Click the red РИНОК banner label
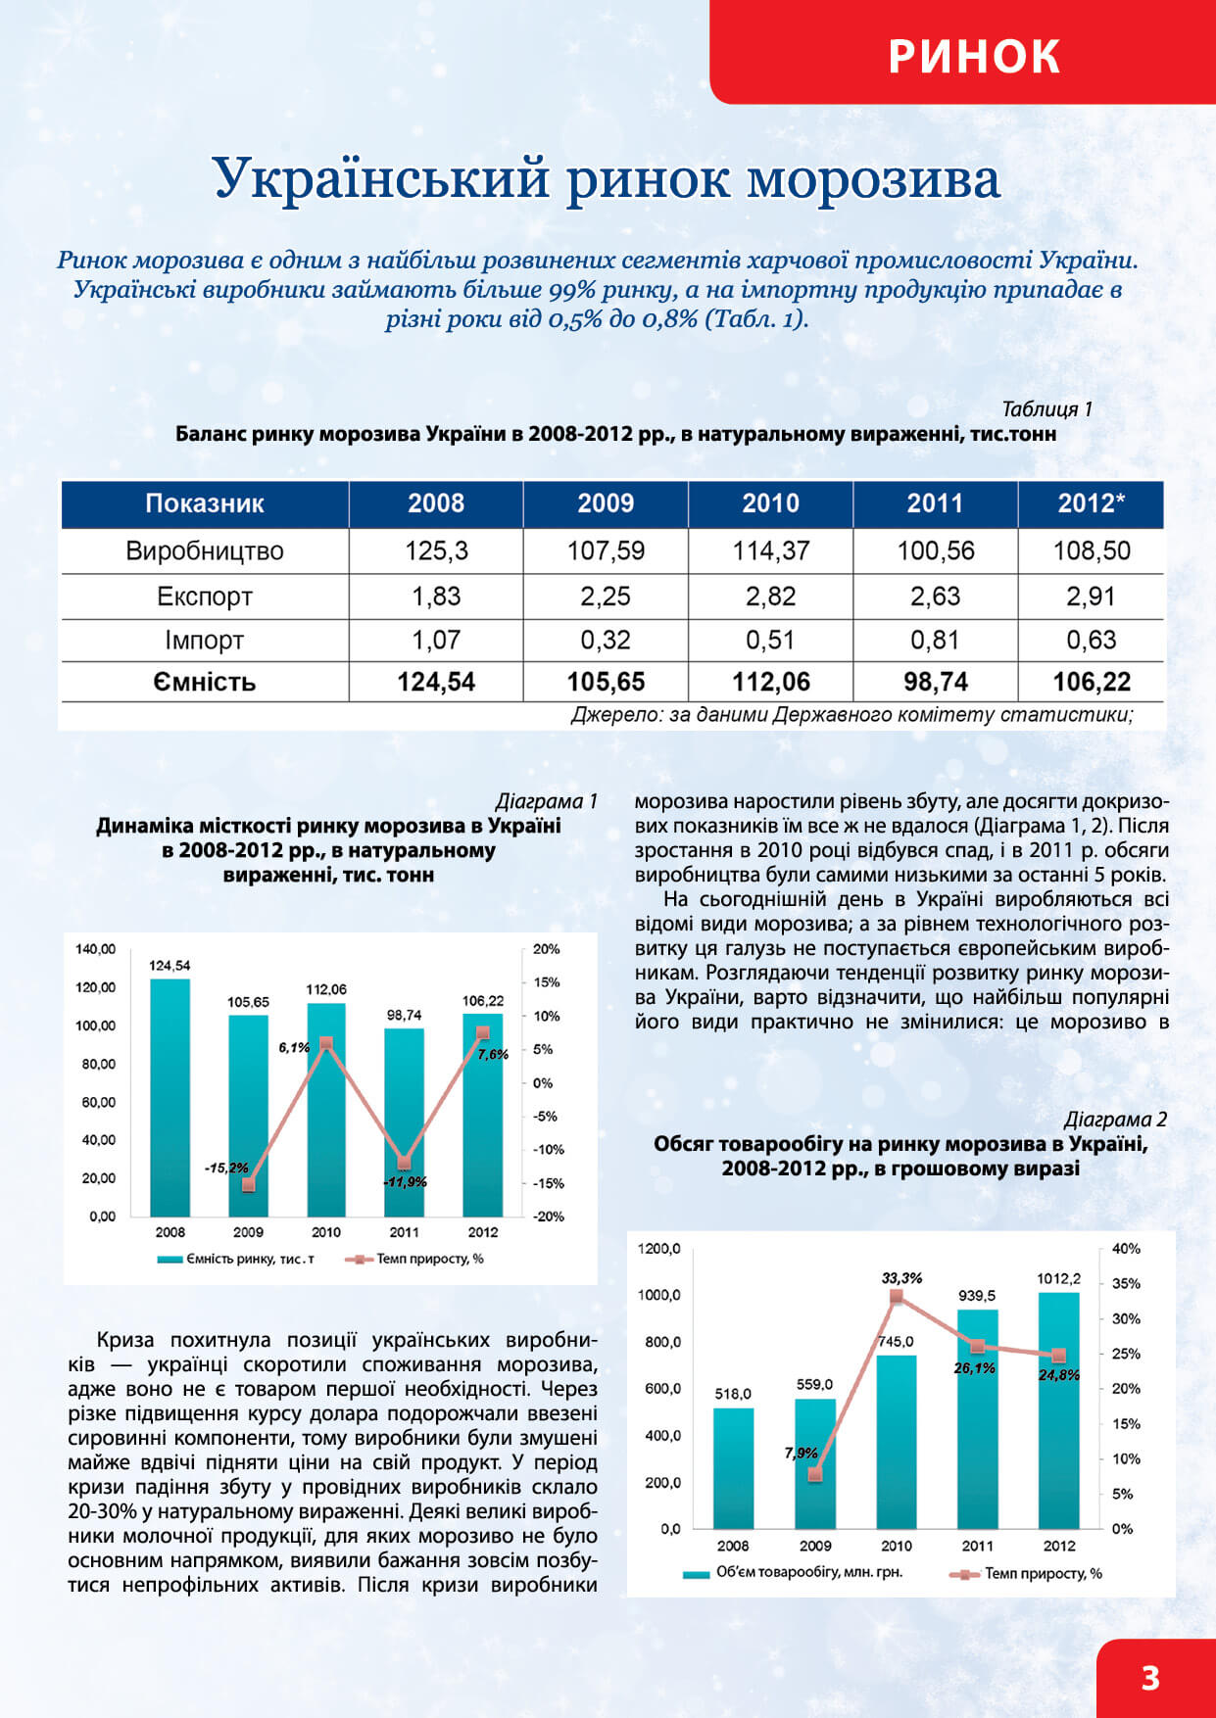click(x=974, y=56)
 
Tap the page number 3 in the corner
click(x=1150, y=1678)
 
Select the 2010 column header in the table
click(x=770, y=503)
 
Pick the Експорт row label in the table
click(x=205, y=597)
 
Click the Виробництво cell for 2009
click(x=606, y=550)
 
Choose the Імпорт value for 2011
click(x=935, y=640)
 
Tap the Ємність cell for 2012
click(x=1091, y=682)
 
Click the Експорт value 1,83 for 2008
click(x=436, y=597)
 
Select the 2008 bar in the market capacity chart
click(x=170, y=1097)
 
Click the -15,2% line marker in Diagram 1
click(x=248, y=1184)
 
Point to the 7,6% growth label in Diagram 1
click(x=493, y=1055)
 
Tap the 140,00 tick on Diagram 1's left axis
click(x=95, y=949)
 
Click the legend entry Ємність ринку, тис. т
click(x=236, y=1260)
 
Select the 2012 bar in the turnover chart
click(x=1058, y=1410)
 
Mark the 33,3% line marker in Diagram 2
click(x=896, y=1297)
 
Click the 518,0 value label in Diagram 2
click(x=733, y=1394)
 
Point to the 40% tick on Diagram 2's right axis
click(x=1126, y=1249)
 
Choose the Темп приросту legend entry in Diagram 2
click(x=1026, y=1573)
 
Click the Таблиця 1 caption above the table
click(x=1046, y=409)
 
